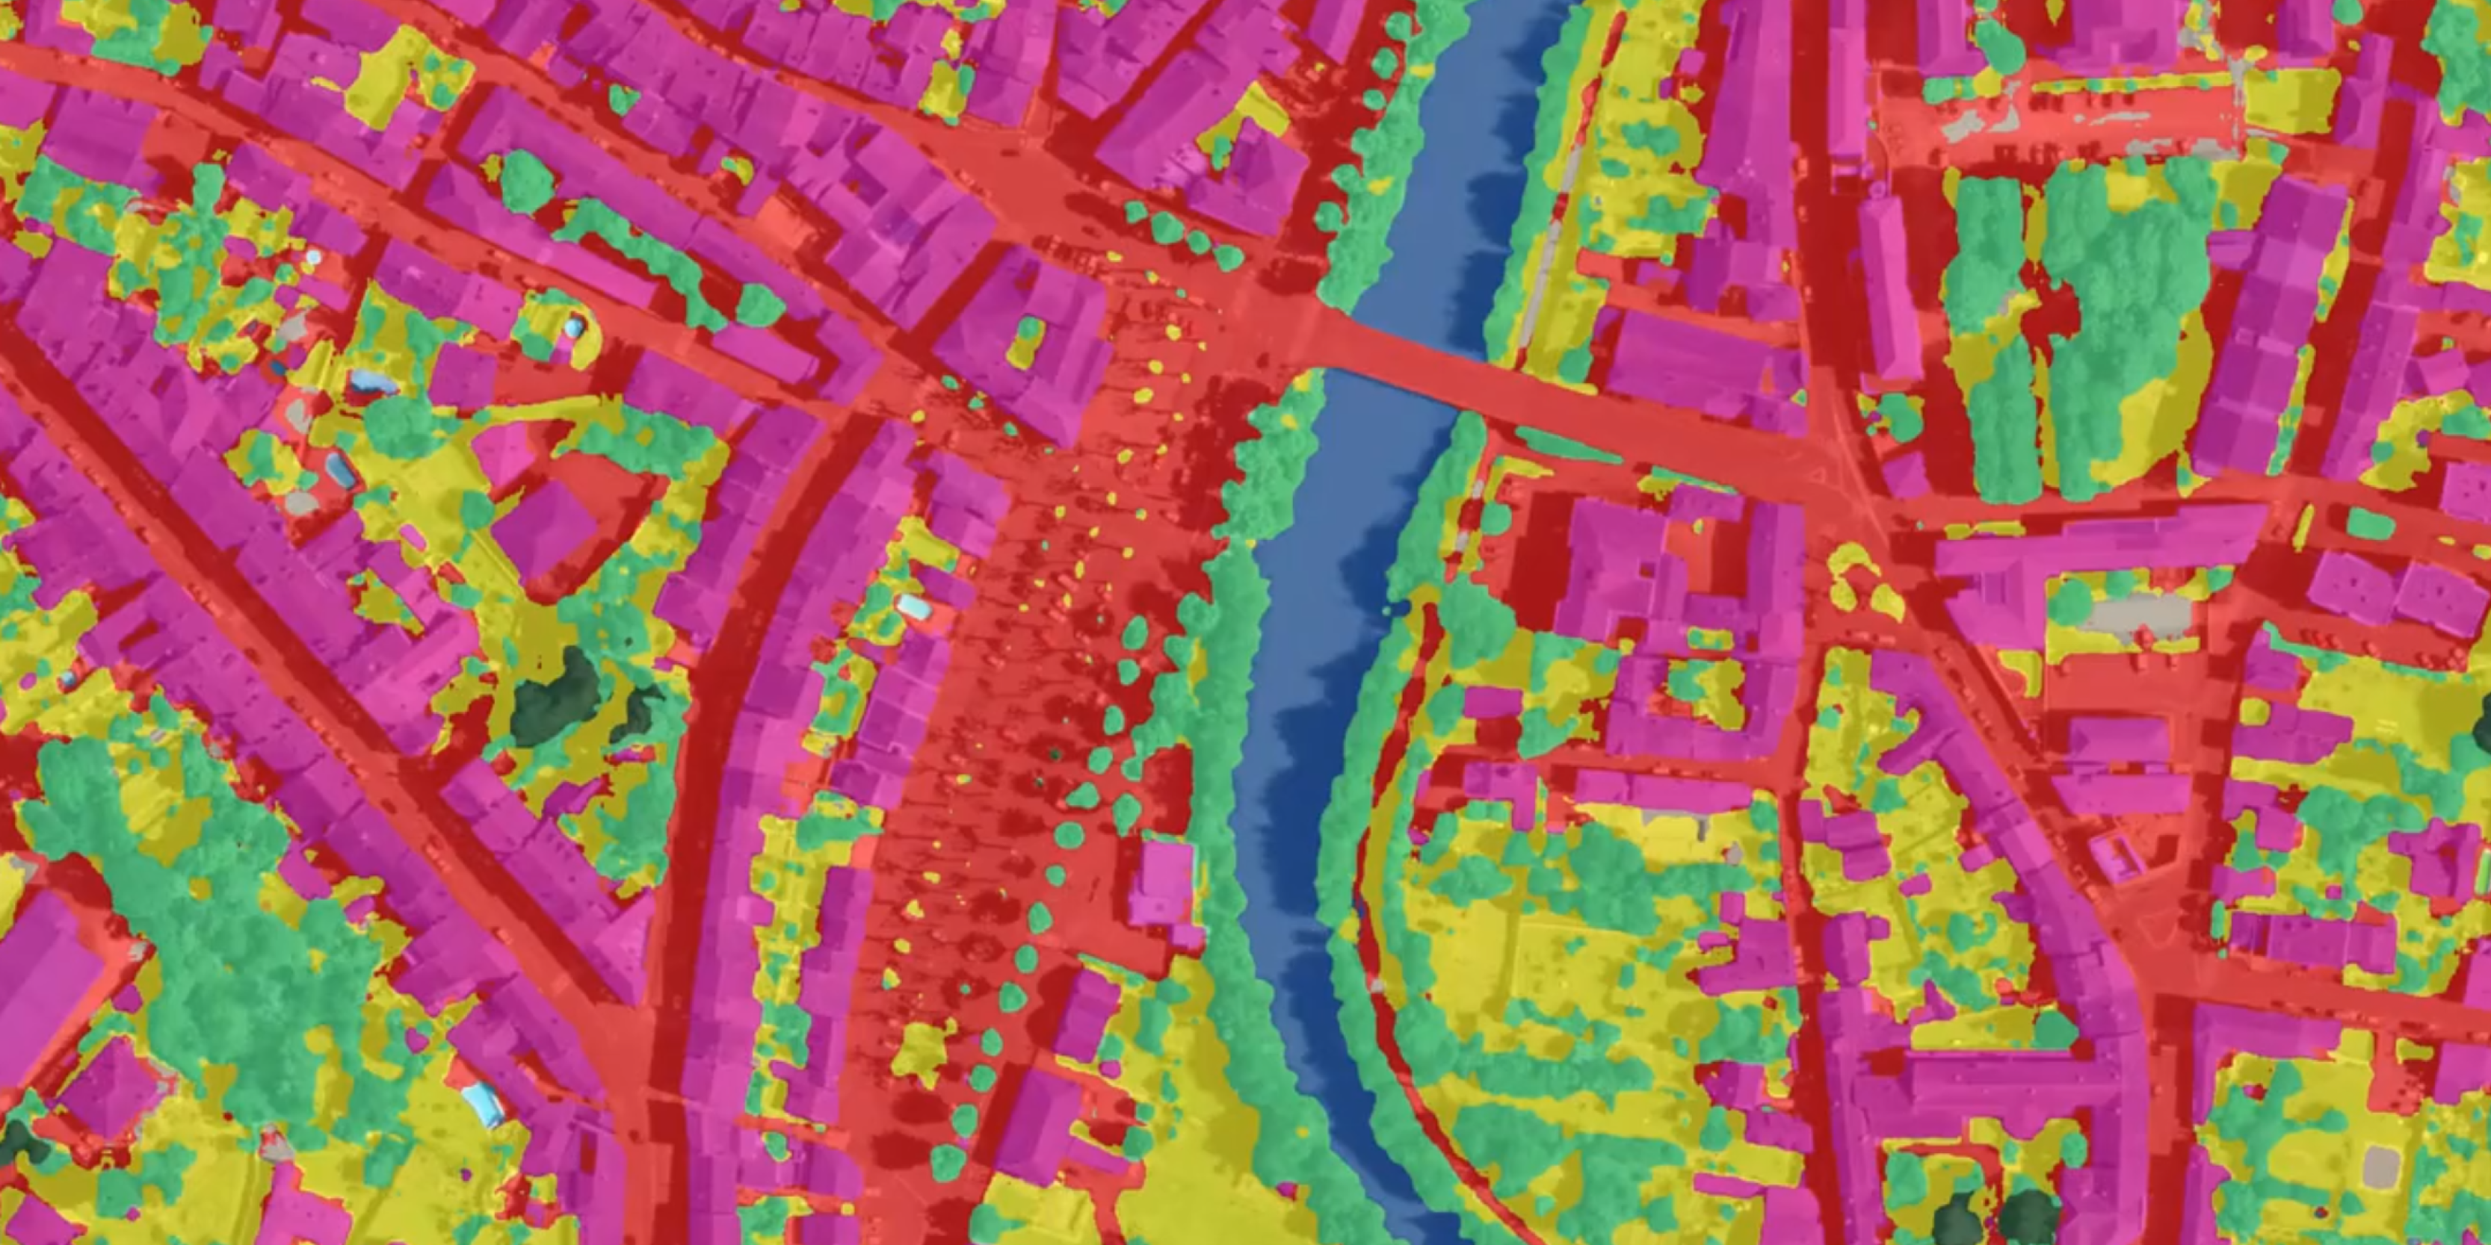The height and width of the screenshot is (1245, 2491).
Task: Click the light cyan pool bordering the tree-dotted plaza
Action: tap(914, 607)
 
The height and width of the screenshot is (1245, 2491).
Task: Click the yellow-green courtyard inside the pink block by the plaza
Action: tap(1027, 338)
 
